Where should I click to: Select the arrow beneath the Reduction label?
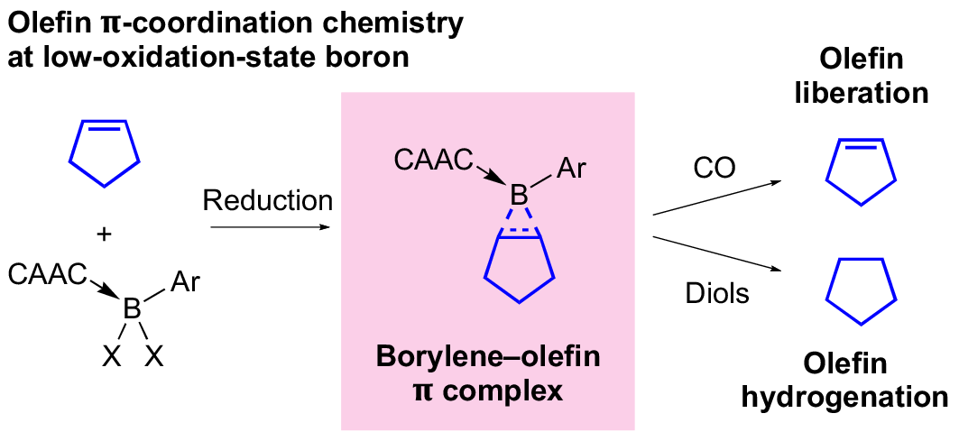pos(269,226)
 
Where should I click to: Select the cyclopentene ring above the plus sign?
pos(105,154)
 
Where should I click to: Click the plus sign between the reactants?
pos(105,234)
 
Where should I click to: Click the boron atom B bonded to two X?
pos(132,309)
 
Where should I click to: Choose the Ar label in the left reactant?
pos(185,284)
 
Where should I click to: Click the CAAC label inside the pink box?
pos(433,161)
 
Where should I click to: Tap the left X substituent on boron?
pos(110,357)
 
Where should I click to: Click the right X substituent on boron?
pos(154,357)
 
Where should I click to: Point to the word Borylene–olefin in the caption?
pos(487,357)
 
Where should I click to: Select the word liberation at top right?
pos(861,93)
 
